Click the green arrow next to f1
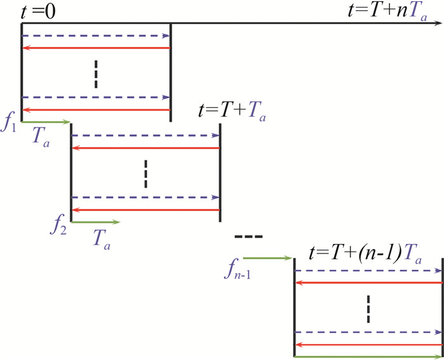pos(46,122)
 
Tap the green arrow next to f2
pos(95,222)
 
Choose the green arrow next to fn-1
pos(266,258)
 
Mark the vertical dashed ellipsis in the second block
pos(145,173)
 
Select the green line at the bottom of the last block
pos(368,357)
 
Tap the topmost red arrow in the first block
pos(96,48)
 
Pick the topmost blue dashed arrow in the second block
pos(145,136)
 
